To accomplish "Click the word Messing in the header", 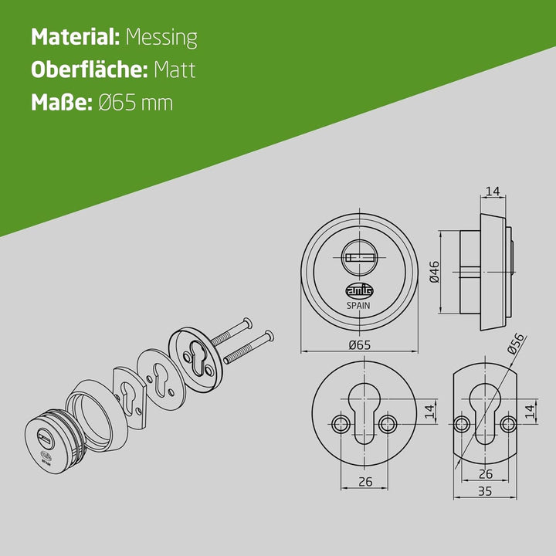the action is click(161, 38).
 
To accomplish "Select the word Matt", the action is click(175, 69).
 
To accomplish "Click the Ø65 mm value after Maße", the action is click(136, 103).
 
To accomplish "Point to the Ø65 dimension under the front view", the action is click(360, 344).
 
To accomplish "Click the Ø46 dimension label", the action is click(434, 272).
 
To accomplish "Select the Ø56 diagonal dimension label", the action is click(515, 343).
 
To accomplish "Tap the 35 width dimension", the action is click(485, 491).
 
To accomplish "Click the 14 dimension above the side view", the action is click(493, 192).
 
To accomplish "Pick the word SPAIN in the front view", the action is click(358, 306).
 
